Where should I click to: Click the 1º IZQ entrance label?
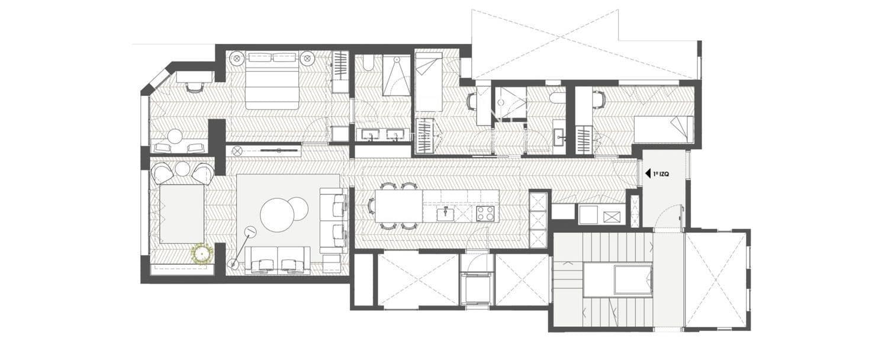661,174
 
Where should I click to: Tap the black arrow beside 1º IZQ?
648,174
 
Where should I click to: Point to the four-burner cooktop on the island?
485,214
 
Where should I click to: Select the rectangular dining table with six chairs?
398,206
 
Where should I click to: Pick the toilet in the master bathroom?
367,64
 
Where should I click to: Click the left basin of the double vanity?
371,134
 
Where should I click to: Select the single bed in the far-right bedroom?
664,129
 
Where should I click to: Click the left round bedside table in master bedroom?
237,58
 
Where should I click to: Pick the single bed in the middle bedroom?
429,82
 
